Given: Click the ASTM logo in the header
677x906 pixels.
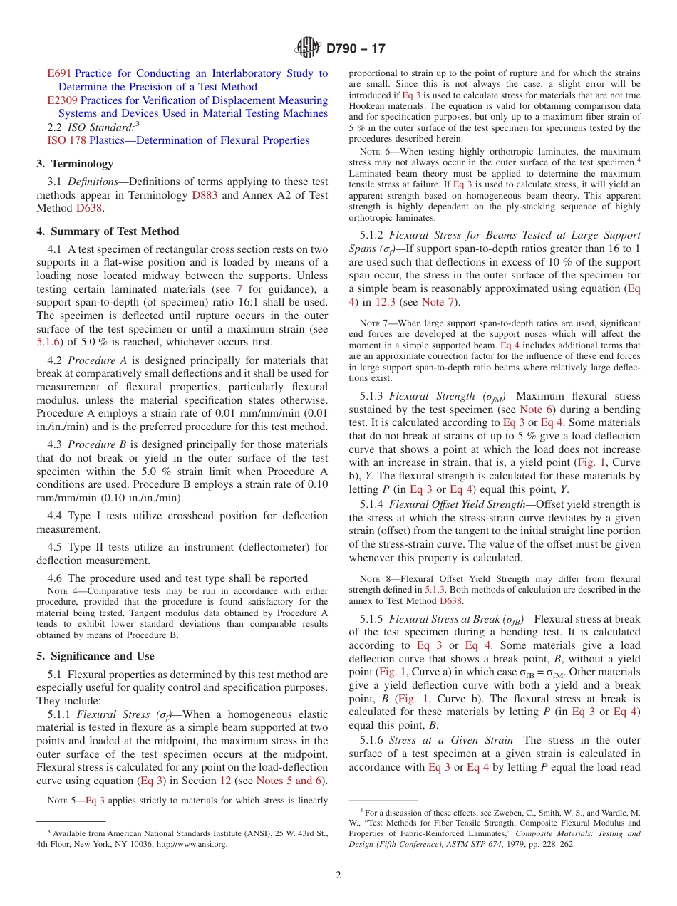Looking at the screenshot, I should pos(309,48).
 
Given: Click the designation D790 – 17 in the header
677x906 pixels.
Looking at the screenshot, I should pos(356,48).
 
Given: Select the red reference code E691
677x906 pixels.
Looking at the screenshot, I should pos(59,73).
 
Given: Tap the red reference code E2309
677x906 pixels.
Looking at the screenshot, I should pos(63,100).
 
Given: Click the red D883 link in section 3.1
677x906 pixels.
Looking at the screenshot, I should pos(205,195).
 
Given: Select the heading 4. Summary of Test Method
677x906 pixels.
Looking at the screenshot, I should pos(108,231).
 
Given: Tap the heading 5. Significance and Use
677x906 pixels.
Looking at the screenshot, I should pos(95,656).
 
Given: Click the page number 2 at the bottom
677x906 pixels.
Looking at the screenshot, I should pos(338,875).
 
